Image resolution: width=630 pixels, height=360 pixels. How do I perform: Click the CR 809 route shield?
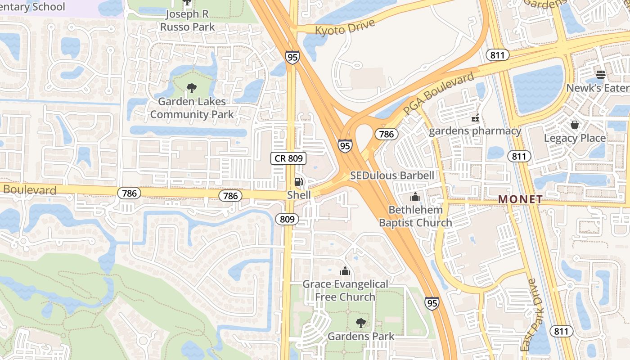288,158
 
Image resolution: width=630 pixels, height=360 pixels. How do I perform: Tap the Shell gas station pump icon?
298,182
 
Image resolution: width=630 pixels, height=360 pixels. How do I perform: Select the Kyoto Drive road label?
345,27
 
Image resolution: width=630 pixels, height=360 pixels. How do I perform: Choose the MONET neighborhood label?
520,199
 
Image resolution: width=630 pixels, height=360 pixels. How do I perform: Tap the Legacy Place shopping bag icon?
574,125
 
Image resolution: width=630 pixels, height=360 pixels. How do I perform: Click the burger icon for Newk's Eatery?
600,74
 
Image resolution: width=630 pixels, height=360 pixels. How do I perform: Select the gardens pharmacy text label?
475,131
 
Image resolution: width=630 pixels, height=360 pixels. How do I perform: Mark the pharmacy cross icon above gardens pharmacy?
474,118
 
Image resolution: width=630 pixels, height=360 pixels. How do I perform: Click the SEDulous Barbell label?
392,175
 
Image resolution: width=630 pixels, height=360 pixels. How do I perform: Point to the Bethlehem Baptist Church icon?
415,197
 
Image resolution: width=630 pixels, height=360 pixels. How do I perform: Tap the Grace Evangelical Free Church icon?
345,271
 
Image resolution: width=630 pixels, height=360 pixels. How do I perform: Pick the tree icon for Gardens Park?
360,323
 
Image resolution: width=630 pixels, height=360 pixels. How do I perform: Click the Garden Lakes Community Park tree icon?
192,88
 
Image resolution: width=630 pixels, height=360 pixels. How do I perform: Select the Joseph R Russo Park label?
187,20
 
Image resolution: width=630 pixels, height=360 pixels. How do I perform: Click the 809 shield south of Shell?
287,219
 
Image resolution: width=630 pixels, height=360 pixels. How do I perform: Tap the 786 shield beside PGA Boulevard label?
387,134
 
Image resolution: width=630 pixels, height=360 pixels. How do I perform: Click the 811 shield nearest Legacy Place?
519,156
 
